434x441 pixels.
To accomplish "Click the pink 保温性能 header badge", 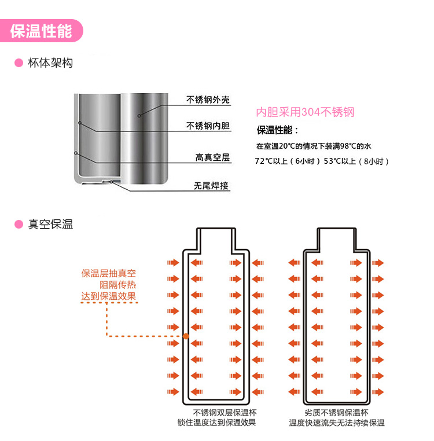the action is tap(41, 31).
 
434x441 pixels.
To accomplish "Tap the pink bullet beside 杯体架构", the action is tap(19, 63).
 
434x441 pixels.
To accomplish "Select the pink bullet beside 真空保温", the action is tap(19, 224).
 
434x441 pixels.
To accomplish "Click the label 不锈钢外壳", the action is tap(208, 100).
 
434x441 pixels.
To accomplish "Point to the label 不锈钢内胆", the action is tap(208, 126).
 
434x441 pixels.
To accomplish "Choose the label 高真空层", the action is tap(212, 157).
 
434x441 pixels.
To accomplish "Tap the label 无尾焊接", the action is tap(211, 186).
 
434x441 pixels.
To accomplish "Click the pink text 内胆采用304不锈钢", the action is tap(305, 112).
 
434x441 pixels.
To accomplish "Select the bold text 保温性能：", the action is tap(277, 130).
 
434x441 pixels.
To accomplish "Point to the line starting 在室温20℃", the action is tap(314, 146).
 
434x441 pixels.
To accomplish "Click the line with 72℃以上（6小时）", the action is tap(322, 161).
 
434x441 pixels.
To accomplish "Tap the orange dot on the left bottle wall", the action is tap(186, 336).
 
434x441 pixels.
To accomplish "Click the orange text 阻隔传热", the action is tap(118, 285).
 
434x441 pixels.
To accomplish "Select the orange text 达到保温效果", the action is tap(109, 296).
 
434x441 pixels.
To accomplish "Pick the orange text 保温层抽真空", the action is tap(109, 273).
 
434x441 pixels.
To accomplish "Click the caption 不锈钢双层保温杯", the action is tap(225, 413).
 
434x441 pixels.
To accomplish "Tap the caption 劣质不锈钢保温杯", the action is tap(336, 413).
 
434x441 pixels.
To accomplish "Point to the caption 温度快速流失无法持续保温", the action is tap(337, 422).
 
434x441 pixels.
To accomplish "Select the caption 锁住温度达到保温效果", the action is tap(216, 422).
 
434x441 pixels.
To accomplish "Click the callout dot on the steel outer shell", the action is tap(139, 116).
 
